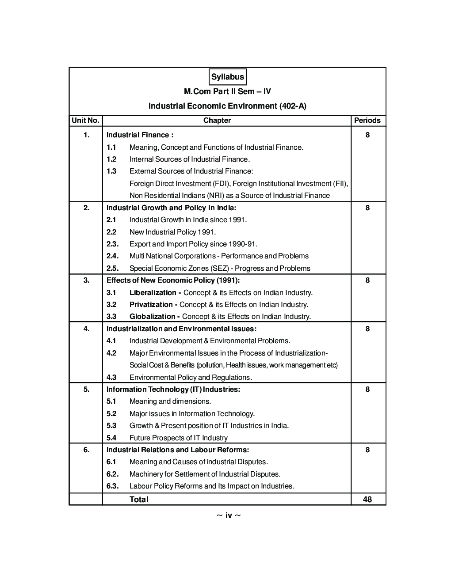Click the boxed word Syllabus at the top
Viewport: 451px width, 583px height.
click(x=227, y=77)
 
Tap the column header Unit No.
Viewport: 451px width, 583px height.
click(x=85, y=121)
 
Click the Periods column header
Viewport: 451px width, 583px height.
click(x=367, y=121)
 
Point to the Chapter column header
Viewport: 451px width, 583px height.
click(x=217, y=121)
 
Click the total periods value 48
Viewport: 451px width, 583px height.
click(x=367, y=500)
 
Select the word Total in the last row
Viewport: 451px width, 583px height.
click(x=139, y=500)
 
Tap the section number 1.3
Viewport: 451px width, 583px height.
click(x=111, y=171)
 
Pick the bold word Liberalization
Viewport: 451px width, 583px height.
click(x=153, y=293)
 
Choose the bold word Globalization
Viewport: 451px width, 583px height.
click(x=153, y=317)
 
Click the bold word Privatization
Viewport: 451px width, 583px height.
click(x=151, y=305)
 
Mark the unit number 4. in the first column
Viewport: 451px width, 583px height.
click(x=87, y=329)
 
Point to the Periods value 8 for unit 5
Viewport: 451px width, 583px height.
click(x=367, y=389)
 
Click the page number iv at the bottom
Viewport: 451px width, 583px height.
click(x=229, y=515)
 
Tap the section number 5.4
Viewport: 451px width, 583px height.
click(x=111, y=438)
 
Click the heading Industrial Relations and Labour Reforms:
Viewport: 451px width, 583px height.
click(x=178, y=450)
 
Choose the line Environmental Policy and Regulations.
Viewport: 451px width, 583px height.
click(x=191, y=378)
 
